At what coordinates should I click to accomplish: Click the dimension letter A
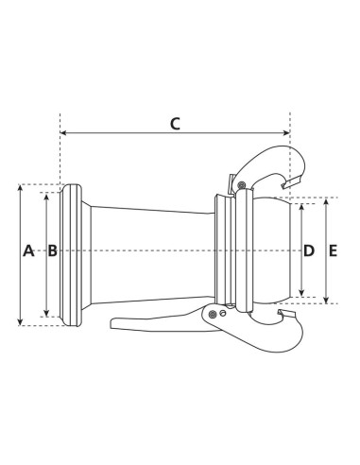(27, 250)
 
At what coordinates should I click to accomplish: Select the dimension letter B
(52, 250)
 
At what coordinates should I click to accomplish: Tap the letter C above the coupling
(175, 123)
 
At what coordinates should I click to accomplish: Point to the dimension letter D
(308, 250)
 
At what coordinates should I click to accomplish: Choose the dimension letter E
(333, 250)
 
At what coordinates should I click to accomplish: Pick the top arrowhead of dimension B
(45, 196)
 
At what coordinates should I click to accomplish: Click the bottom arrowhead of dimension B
(45, 315)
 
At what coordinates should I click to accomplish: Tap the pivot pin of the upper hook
(242, 182)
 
